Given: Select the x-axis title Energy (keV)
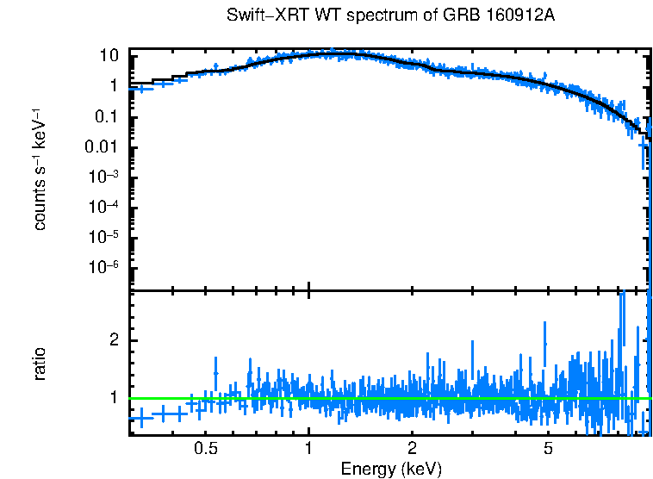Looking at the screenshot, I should point(391,469).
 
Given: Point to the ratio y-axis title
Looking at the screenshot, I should point(40,364).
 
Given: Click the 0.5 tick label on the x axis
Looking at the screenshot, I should point(205,448).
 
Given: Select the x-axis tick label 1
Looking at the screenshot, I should point(308,448).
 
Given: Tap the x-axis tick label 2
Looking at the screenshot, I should point(413,448).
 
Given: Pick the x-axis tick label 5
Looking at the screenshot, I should point(548,448).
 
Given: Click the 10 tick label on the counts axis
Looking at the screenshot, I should point(109,56).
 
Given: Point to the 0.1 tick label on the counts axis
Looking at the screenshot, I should point(106,117).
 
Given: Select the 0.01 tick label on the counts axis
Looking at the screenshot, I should point(102,147).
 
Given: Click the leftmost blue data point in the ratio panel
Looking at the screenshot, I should point(140,418).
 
